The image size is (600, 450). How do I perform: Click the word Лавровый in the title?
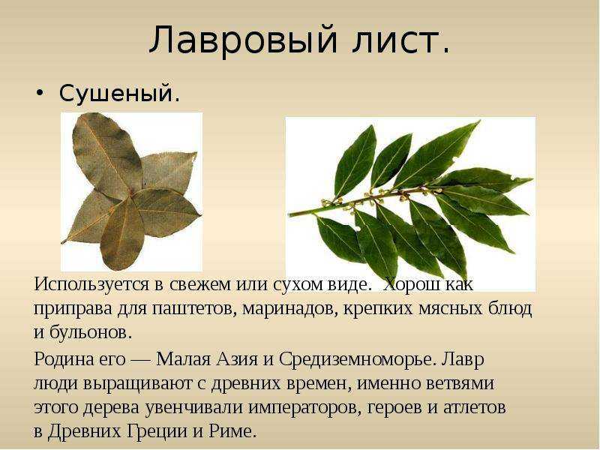point(243,40)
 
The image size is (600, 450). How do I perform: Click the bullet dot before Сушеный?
point(40,93)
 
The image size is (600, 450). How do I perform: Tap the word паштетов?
point(195,308)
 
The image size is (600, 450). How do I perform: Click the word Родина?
point(61,360)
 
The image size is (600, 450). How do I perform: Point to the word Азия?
point(237,359)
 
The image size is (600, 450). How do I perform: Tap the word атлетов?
point(475,407)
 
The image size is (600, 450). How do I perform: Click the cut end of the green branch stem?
point(290,214)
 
